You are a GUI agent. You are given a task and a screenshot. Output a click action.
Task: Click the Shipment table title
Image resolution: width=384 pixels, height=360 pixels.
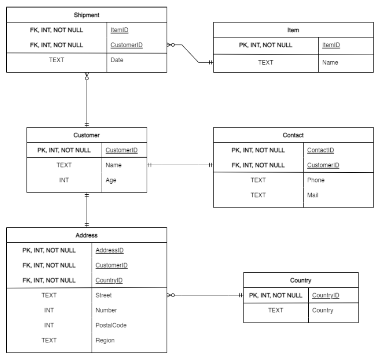click(87, 15)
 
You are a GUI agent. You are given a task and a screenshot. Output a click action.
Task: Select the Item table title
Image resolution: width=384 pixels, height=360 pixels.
click(293, 30)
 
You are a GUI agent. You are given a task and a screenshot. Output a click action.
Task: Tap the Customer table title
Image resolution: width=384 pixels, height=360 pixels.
click(86, 135)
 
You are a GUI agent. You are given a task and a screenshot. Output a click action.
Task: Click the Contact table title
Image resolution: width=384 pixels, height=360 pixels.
click(293, 135)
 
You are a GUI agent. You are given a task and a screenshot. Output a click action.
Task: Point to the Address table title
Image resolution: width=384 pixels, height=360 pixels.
click(87, 235)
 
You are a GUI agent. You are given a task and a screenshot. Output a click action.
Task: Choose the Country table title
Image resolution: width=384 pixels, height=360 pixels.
click(301, 280)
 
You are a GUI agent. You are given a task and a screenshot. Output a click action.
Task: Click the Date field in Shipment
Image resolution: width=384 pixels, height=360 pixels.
click(117, 60)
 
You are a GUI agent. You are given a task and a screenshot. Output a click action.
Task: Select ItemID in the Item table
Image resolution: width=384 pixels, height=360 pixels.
click(331, 45)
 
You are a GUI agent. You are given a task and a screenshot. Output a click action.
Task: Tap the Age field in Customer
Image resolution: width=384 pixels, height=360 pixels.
click(111, 180)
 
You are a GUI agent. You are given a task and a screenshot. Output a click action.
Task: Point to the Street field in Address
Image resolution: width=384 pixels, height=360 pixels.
click(103, 295)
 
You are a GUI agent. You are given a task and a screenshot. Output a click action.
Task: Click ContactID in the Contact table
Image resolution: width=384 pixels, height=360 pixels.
click(321, 150)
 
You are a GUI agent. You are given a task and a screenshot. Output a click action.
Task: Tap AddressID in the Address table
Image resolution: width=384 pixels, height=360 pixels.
click(110, 250)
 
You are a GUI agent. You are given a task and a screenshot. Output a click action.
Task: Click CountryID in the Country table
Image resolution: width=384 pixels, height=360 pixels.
click(325, 295)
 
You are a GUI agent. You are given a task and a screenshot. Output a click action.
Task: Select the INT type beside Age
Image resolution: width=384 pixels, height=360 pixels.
click(64, 180)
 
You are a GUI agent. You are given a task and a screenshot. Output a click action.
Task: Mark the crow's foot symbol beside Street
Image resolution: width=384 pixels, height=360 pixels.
click(171, 295)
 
